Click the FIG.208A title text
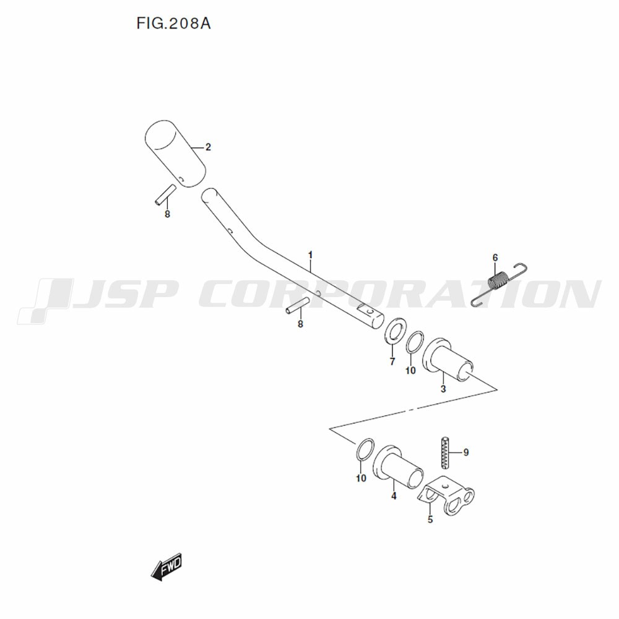[173, 24]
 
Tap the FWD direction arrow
[166, 567]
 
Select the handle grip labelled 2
[175, 154]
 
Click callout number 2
[208, 147]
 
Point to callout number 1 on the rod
[310, 255]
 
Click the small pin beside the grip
[165, 194]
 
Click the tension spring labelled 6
[498, 284]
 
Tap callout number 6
[495, 258]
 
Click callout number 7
[392, 361]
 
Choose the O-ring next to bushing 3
[415, 344]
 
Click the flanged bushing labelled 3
[448, 360]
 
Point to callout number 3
[443, 389]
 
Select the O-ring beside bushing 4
[365, 449]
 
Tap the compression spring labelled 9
[445, 452]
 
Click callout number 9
[466, 452]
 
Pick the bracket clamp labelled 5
[446, 495]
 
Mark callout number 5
[430, 519]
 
